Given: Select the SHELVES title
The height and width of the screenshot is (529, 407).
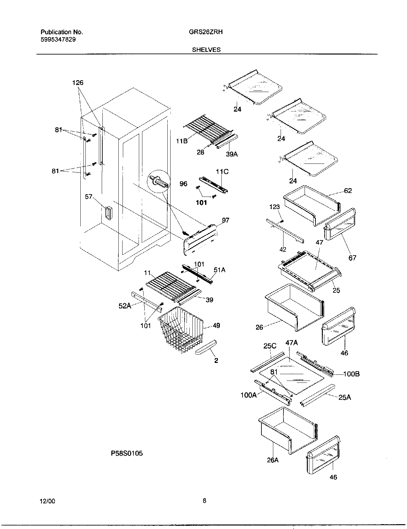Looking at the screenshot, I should [206, 50].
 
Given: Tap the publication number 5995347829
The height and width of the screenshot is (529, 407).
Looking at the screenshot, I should [58, 39].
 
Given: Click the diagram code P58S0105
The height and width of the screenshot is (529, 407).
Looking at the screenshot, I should [127, 453].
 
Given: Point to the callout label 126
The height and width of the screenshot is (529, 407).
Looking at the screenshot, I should [78, 83].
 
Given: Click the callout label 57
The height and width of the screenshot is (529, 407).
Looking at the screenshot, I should [89, 197].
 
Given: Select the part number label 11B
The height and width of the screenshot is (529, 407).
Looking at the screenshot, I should [182, 140].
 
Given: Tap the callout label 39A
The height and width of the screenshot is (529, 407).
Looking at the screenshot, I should [232, 154].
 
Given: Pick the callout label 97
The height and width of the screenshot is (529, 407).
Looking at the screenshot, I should [226, 220].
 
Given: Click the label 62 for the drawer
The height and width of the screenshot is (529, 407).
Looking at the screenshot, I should [348, 191].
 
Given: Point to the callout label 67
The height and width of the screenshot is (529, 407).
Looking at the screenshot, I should [352, 258].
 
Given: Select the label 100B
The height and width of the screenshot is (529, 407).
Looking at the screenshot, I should [351, 374].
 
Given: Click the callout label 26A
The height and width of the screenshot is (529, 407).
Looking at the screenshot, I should [273, 460].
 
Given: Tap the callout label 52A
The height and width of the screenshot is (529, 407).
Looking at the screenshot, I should [125, 306].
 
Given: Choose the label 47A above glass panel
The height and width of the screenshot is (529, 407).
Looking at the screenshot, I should [291, 343].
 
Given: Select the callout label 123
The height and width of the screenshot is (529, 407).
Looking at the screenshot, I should [275, 207].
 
